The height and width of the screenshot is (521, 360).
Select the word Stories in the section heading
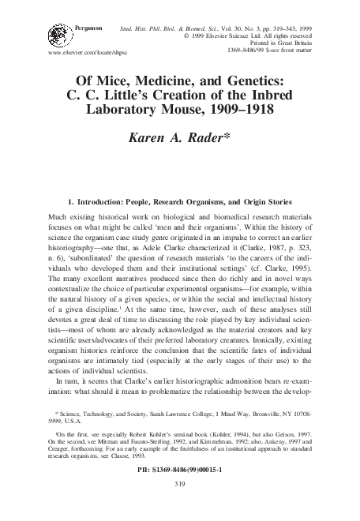pos(275,202)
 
